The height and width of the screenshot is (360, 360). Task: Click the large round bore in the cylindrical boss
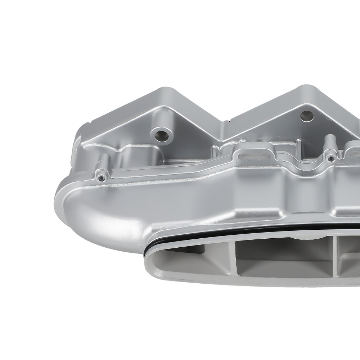[161, 136]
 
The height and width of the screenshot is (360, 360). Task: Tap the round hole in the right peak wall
[306, 116]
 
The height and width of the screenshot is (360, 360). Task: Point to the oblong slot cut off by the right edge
[356, 154]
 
